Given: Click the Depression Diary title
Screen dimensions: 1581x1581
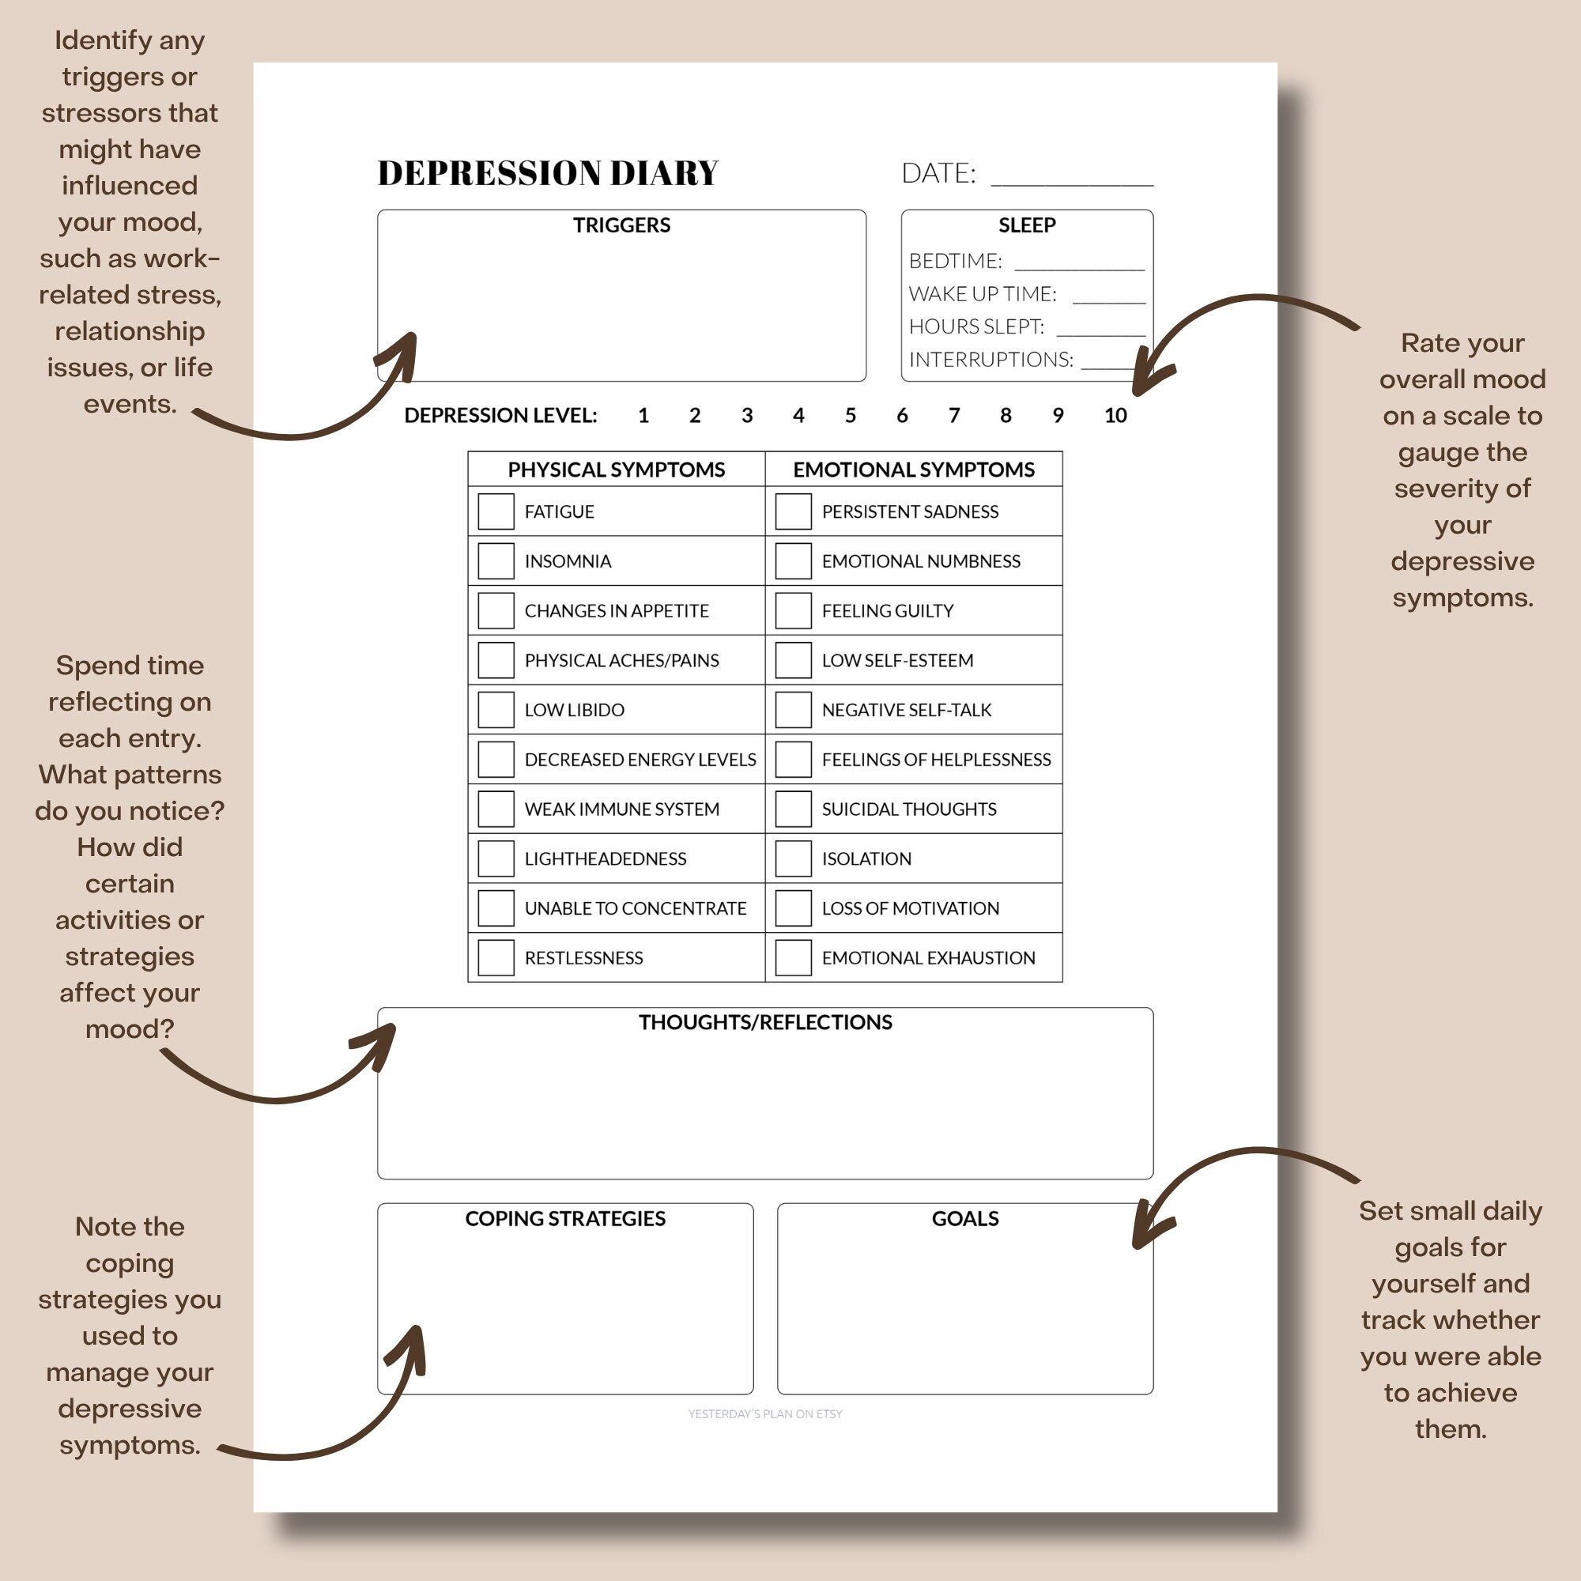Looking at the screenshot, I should pyautogui.click(x=548, y=172).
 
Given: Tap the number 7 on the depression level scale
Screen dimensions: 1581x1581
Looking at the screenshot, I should pyautogui.click(x=954, y=416).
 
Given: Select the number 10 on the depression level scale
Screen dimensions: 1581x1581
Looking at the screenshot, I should pyautogui.click(x=1115, y=416).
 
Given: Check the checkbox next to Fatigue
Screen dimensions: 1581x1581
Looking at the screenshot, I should pyautogui.click(x=496, y=511).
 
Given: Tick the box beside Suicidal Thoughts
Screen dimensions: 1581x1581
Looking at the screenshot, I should pyautogui.click(x=793, y=809).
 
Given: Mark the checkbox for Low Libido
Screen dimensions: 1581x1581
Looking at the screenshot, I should pyautogui.click(x=496, y=710).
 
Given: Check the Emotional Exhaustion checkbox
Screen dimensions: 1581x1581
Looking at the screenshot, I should pyautogui.click(x=793, y=957).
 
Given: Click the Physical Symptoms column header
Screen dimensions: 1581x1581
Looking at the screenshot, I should pyautogui.click(x=617, y=470).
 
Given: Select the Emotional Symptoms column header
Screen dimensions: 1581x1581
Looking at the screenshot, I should pyautogui.click(x=913, y=470).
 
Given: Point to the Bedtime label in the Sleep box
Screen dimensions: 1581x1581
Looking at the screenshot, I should pyautogui.click(x=955, y=261).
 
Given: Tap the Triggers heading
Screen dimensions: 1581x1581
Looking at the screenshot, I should pyautogui.click(x=621, y=225).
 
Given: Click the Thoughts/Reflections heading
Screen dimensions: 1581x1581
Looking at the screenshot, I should pyautogui.click(x=765, y=1022).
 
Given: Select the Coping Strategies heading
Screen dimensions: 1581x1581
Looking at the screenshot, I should pyautogui.click(x=564, y=1218).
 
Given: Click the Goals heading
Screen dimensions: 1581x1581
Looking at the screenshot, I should pyautogui.click(x=964, y=1218).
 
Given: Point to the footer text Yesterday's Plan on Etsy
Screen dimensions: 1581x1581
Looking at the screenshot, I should pyautogui.click(x=765, y=1413).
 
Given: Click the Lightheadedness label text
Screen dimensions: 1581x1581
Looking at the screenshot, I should pyautogui.click(x=605, y=858).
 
